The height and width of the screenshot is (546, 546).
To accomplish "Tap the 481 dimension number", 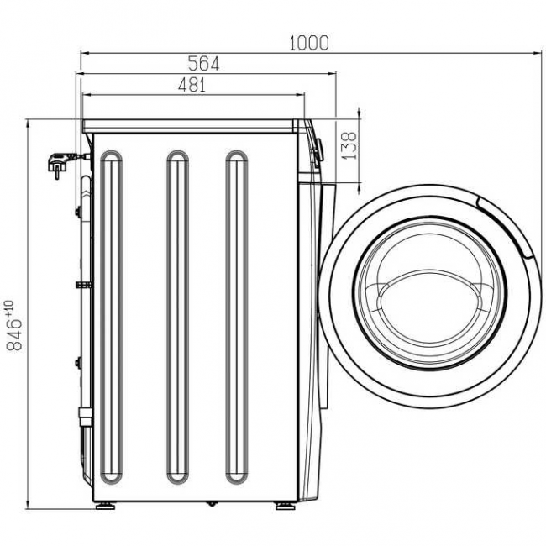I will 191,84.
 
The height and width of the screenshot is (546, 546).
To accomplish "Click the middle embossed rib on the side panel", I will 176,318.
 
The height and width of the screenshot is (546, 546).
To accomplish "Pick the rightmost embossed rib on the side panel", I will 237,318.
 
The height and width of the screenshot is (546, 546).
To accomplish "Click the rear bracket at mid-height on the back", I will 82,286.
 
